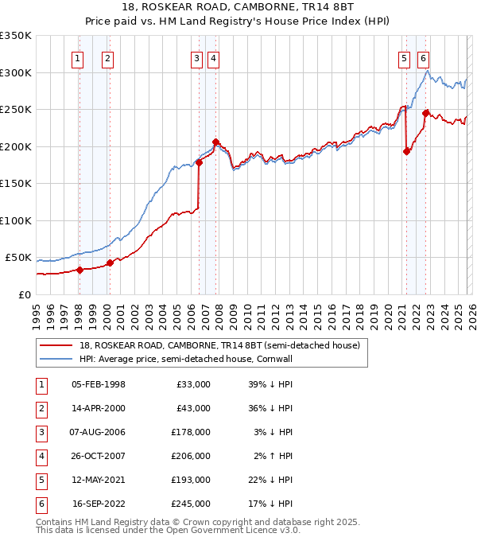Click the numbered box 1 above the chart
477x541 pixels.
pos(78,57)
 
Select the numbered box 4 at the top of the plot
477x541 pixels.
pos(215,57)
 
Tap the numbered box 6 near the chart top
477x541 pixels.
pos(423,57)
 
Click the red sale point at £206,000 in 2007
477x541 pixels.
pos(215,142)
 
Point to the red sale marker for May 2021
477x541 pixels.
pos(406,151)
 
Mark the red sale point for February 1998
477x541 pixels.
pos(79,270)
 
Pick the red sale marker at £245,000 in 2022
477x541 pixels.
pos(425,113)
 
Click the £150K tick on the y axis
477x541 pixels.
pos(17,183)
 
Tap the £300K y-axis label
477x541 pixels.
pos(17,72)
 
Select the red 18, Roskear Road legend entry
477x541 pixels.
pos(219,345)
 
